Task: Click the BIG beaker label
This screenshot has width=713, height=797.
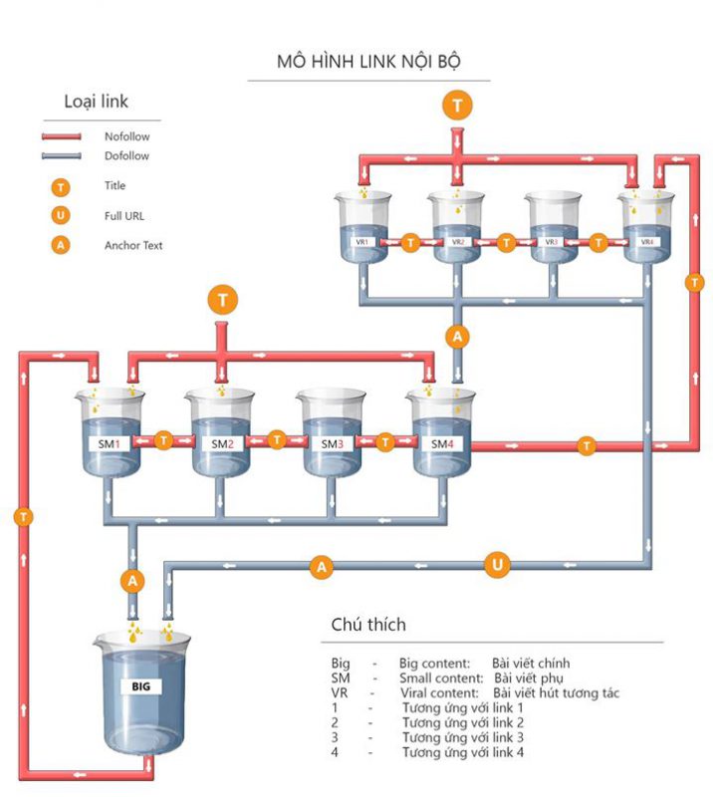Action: [x=139, y=686]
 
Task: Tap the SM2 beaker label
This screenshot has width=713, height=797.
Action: [x=222, y=443]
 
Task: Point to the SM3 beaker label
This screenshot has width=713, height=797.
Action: [x=333, y=443]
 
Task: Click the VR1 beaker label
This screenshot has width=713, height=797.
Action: [x=362, y=242]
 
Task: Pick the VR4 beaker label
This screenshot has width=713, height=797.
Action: [x=647, y=242]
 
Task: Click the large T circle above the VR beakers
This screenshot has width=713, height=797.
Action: [x=457, y=105]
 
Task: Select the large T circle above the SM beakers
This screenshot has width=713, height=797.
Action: [x=222, y=297]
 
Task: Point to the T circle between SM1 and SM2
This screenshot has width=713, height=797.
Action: [x=165, y=438]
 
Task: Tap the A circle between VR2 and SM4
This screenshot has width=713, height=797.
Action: [x=457, y=337]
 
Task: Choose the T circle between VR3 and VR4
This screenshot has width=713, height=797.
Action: [x=599, y=241]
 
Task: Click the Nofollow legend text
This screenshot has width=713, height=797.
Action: [x=126, y=136]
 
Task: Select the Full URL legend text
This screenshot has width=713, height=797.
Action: [x=124, y=215]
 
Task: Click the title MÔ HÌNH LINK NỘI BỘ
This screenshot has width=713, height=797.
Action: [x=368, y=62]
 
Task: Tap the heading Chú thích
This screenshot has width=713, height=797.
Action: [x=368, y=625]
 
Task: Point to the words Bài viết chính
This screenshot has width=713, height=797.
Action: [x=531, y=663]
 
